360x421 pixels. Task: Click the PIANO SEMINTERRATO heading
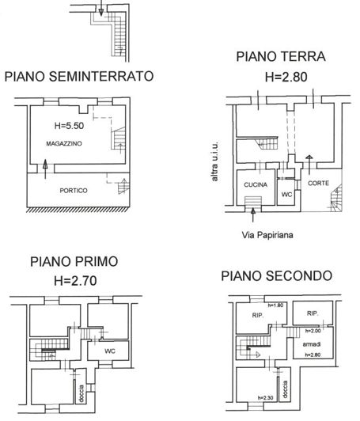tap(79, 76)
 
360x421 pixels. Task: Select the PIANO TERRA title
tap(281, 57)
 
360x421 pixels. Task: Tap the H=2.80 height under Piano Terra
tap(286, 77)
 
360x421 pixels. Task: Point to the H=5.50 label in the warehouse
tap(70, 126)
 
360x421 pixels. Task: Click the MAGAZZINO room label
tap(64, 144)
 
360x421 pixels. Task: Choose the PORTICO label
tap(74, 191)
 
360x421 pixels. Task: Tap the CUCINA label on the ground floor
tap(256, 184)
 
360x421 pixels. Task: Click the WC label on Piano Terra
tap(286, 194)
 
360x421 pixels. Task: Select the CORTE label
tap(318, 183)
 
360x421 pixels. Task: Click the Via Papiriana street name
tap(267, 235)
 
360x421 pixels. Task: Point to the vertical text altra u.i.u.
tap(214, 161)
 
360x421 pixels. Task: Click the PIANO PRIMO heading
tap(74, 262)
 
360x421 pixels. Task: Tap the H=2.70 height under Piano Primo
tap(75, 281)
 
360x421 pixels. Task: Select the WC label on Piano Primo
tap(110, 351)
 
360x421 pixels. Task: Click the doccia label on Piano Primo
tap(81, 394)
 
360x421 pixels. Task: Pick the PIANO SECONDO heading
tap(276, 276)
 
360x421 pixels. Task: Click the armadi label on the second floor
tap(312, 344)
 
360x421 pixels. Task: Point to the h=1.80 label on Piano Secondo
tap(275, 305)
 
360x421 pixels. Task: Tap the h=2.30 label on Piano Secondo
tap(265, 398)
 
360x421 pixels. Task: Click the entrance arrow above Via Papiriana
tap(252, 215)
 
